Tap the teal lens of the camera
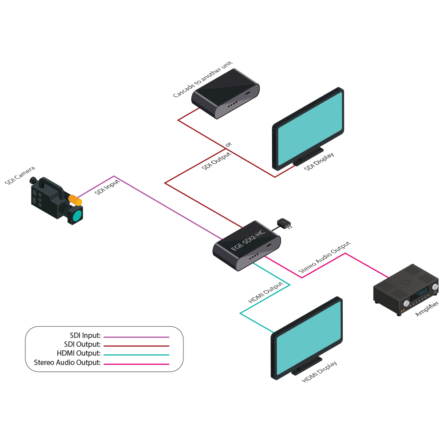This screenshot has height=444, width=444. click(x=77, y=216)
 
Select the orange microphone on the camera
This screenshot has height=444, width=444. click(x=75, y=200)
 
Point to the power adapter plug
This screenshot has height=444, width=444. click(x=283, y=223)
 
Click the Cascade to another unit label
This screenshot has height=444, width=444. click(x=202, y=80)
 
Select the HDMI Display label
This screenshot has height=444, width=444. click(x=319, y=372)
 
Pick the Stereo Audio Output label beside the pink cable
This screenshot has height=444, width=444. click(x=324, y=258)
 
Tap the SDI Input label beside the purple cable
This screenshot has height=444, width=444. click(x=107, y=187)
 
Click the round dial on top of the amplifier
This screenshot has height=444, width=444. click(x=405, y=281)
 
